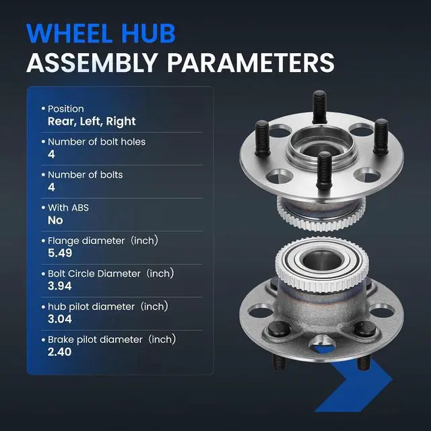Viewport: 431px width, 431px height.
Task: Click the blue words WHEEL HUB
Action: [101, 33]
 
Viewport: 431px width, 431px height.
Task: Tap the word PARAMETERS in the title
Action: [251, 63]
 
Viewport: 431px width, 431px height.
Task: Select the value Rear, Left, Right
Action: [92, 121]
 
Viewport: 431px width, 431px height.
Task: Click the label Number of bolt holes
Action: [96, 142]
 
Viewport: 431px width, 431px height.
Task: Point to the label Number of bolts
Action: [86, 175]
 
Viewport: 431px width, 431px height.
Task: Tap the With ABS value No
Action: [55, 220]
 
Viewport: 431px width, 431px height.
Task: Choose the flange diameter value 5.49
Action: [60, 253]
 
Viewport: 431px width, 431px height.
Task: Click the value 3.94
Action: [60, 286]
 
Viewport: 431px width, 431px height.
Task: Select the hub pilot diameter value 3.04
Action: [60, 319]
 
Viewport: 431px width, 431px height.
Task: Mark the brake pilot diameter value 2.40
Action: [59, 352]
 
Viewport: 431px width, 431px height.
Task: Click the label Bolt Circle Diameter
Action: [94, 274]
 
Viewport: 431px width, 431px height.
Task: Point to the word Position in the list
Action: [66, 109]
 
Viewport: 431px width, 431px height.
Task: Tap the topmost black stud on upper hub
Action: [319, 107]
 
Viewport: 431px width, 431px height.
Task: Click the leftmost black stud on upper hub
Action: [262, 139]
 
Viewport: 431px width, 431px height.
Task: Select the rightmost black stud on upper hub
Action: [381, 137]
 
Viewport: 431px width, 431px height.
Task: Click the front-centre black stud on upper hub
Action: [324, 170]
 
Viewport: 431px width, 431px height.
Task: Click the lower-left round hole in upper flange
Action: [279, 176]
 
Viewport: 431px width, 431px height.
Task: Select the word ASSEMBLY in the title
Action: [92, 63]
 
